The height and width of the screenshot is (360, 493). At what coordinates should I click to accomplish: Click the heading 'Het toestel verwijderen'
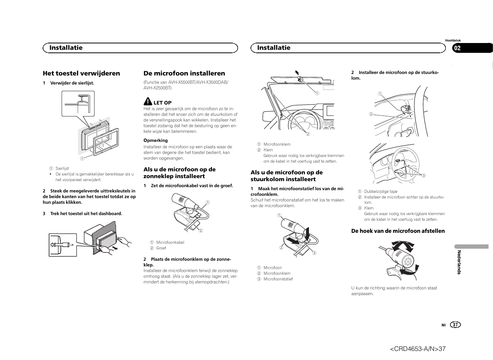tap(81, 73)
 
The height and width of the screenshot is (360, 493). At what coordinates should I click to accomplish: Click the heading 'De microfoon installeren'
tap(184, 73)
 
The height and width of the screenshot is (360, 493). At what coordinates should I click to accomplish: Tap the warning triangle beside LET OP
tap(148, 102)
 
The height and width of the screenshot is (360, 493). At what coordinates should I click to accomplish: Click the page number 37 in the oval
tap(456, 325)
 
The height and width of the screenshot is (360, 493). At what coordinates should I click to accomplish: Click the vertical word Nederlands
tap(459, 262)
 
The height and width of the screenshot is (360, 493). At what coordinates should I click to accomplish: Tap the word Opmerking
tap(155, 140)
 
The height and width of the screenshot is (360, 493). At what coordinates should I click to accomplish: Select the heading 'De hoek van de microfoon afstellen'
tap(398, 231)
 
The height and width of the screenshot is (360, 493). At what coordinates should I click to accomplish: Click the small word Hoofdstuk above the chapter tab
tap(453, 40)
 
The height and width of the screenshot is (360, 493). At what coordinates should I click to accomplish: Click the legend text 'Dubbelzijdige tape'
tap(381, 191)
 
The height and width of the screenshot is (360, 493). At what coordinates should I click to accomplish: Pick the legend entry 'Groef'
tap(161, 248)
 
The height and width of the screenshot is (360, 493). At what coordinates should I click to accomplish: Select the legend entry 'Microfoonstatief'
tap(278, 279)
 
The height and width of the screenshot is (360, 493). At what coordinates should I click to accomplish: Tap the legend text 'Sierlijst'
tap(62, 168)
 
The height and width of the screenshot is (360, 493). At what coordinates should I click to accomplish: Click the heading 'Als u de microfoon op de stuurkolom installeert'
tap(287, 175)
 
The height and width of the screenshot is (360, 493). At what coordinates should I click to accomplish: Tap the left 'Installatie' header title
tap(66, 48)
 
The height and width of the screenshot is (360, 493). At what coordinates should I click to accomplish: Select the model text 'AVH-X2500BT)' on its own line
tap(157, 88)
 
